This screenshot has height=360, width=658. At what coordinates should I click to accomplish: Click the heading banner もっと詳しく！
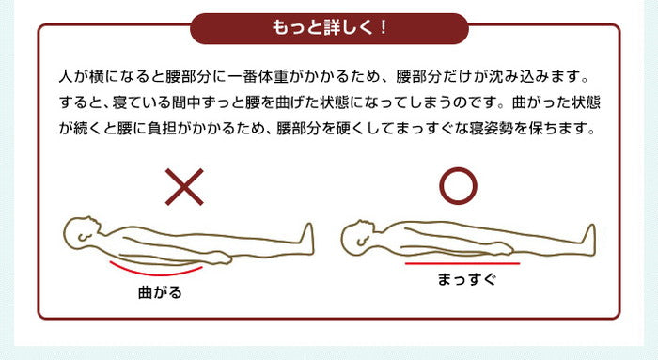329,27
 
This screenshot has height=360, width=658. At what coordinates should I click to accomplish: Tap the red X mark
184,187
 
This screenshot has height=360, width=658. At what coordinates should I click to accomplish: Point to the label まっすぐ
465,279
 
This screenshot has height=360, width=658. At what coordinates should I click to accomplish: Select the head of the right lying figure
356,237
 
